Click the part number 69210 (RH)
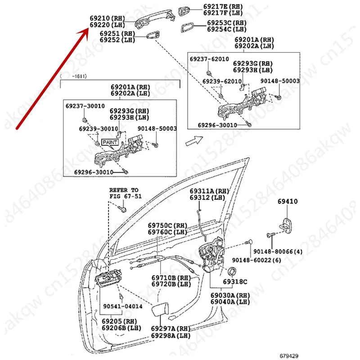(106, 19)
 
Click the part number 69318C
(235, 282)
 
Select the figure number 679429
(289, 355)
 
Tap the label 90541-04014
(122, 306)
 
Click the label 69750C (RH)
(167, 225)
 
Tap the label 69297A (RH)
(169, 328)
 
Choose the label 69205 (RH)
(119, 321)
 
